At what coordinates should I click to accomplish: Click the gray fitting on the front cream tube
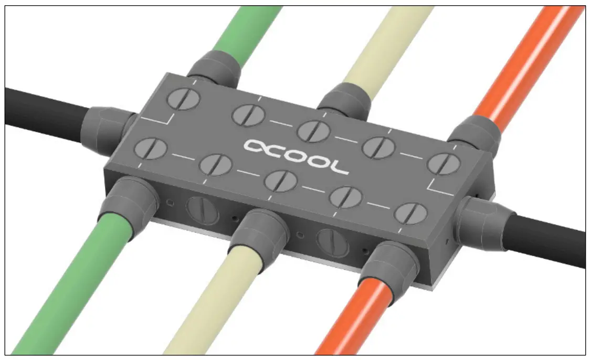pos(260,231)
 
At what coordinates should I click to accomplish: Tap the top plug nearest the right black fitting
pos(444,164)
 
